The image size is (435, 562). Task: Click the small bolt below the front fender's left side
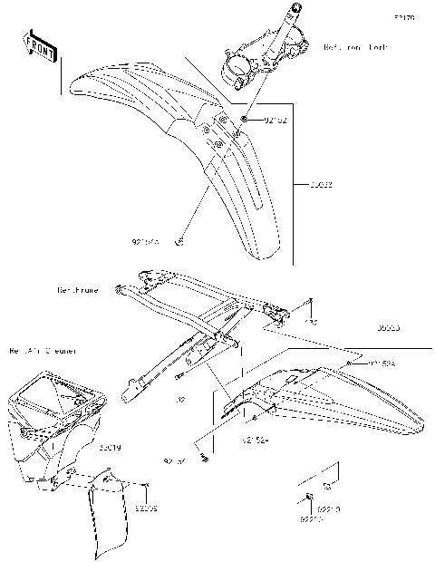point(179,242)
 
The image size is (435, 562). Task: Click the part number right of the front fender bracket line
point(320,185)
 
